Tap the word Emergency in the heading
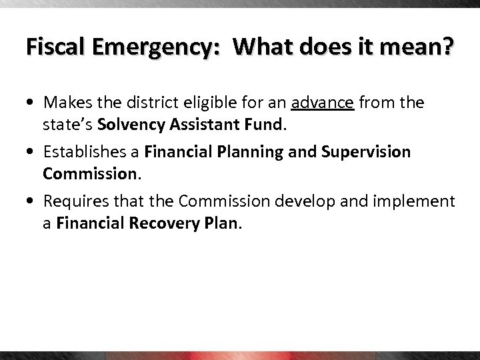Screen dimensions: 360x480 coord(154,48)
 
